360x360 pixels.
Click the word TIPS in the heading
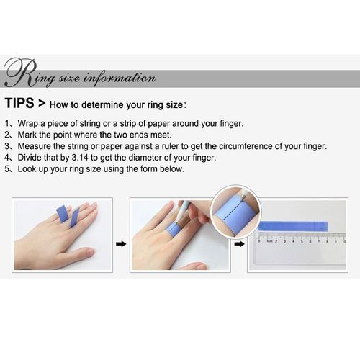pos(19,103)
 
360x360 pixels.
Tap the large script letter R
pos(20,73)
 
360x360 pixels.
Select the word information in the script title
pos(120,78)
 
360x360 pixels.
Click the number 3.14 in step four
pos(80,158)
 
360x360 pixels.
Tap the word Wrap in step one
pos(27,124)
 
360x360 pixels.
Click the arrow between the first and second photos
pos(121,244)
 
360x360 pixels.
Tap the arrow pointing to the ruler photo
pos(239,244)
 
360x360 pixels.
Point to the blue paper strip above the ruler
pos(293,227)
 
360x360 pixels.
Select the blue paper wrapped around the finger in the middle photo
pos(174,229)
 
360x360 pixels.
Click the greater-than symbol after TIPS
pos(42,103)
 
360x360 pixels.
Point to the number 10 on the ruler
pos(344,241)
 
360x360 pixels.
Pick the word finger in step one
pos(232,124)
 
